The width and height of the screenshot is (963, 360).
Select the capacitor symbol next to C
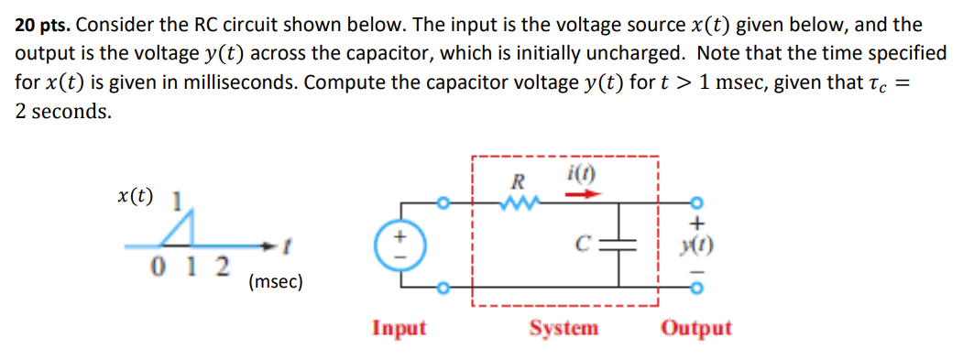coord(627,244)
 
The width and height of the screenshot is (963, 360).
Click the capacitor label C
coord(582,243)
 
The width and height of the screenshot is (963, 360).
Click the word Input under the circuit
coord(399,328)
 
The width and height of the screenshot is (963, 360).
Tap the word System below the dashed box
coord(564,328)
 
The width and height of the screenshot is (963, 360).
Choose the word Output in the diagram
coord(695,328)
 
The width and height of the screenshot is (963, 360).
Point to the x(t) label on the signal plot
coord(136,195)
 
